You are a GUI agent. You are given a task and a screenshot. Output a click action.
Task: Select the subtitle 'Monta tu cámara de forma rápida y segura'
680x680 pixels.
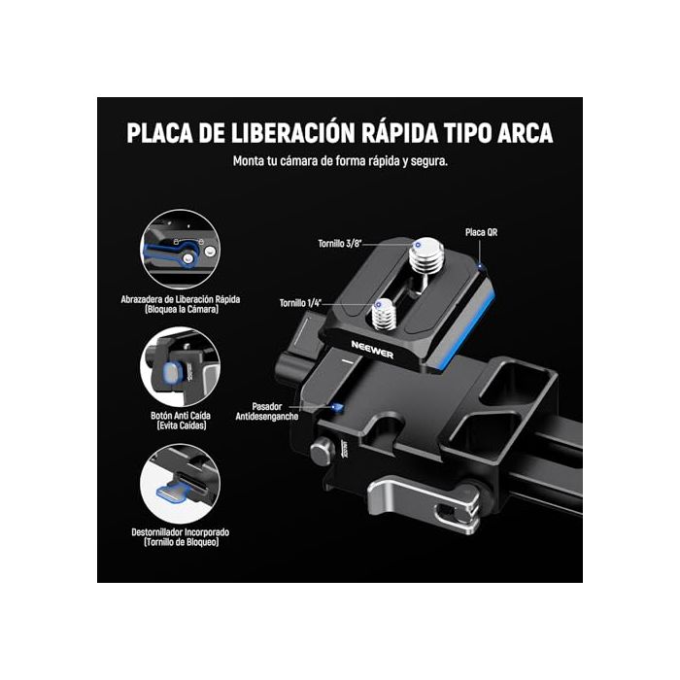[x=339, y=161]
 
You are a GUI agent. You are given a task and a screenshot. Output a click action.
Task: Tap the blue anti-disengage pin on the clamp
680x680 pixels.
[x=338, y=407]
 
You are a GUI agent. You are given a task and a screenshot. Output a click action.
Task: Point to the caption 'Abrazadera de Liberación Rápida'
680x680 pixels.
[x=182, y=298]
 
